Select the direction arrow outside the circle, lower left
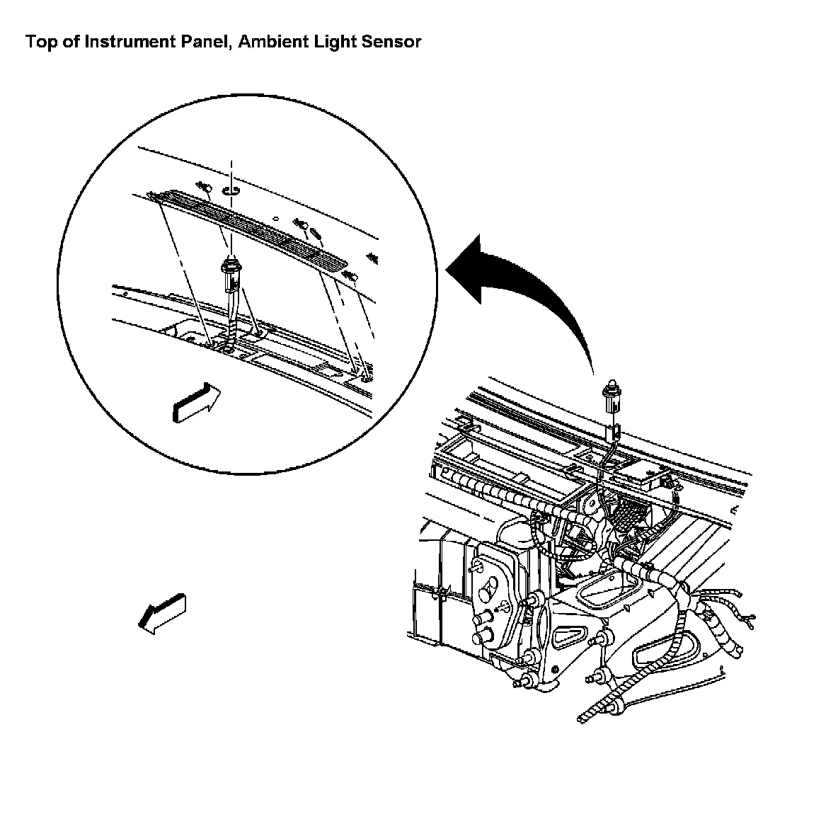[162, 612]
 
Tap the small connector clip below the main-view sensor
[616, 430]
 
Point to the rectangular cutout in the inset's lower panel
[329, 370]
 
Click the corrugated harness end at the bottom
[598, 710]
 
